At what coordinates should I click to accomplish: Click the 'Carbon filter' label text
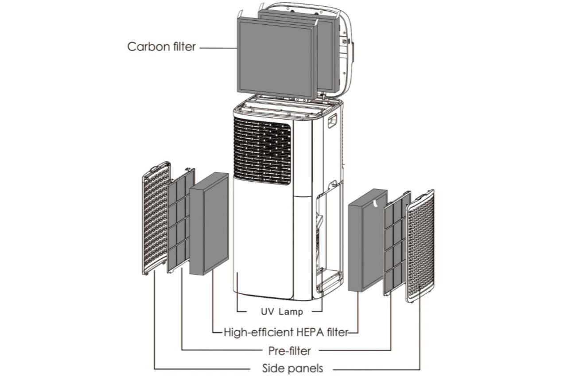point(161,47)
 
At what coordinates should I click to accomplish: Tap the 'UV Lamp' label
point(281,312)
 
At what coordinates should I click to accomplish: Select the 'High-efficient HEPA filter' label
point(284,332)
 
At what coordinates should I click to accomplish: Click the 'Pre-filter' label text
point(290,351)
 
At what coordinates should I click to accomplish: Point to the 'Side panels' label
point(293,368)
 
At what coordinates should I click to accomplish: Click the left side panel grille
point(155,217)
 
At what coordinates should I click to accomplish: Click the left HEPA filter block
point(209,224)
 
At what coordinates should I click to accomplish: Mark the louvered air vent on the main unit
point(262,151)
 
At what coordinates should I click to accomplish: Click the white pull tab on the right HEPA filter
point(376,203)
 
